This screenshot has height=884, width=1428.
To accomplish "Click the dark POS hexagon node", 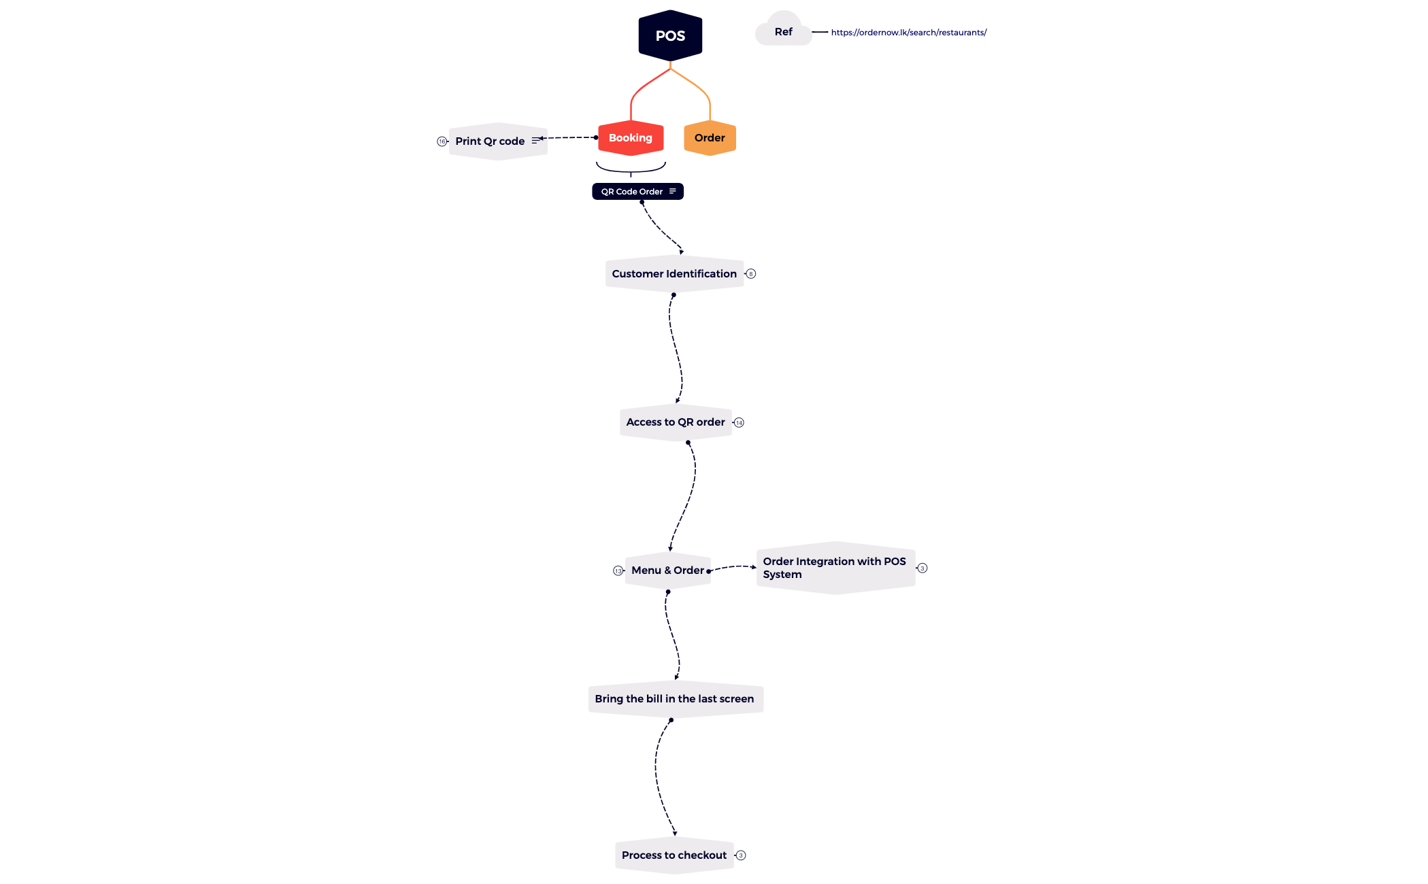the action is (670, 35).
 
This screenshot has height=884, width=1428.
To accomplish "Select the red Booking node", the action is (631, 138).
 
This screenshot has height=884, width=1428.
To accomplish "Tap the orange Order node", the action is (710, 138).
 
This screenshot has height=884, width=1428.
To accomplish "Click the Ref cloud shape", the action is (784, 29).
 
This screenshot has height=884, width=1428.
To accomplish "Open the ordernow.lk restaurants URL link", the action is (909, 33).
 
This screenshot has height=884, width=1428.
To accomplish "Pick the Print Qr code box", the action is (498, 141).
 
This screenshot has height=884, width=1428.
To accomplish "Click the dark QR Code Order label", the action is (637, 192).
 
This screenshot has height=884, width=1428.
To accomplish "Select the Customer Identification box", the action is (674, 274).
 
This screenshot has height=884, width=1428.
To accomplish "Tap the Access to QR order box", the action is (676, 422).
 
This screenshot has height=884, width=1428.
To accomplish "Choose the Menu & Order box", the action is (668, 571).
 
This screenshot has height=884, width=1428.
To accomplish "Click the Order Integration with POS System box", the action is (835, 568).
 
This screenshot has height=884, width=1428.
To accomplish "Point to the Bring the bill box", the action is (676, 699).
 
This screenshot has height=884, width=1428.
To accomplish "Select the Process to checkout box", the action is (674, 855).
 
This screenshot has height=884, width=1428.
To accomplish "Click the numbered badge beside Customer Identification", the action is (751, 274).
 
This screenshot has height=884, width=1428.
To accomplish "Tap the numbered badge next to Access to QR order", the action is (740, 423).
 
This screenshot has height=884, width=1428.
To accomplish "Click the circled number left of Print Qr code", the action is (442, 141).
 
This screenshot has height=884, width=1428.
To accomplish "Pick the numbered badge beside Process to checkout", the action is (742, 855).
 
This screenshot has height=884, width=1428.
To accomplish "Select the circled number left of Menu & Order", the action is (618, 571).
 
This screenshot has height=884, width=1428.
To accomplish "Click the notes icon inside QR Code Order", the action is (673, 192).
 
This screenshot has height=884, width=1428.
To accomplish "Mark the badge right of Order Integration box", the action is (923, 568).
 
